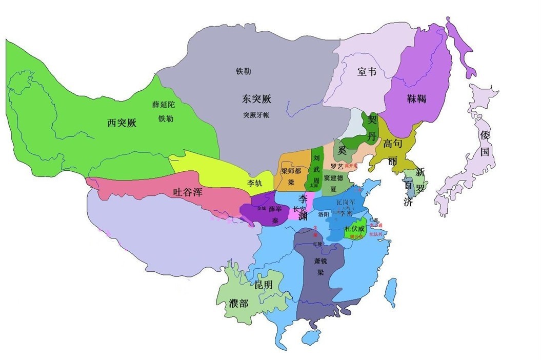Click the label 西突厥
pyautogui.click(x=122, y=123)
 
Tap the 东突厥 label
pyautogui.click(x=256, y=98)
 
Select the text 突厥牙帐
pyautogui.click(x=256, y=115)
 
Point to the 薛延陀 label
pyautogui.click(x=165, y=105)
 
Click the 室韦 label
pyautogui.click(x=367, y=72)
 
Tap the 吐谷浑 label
pyautogui.click(x=189, y=193)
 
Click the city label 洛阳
pyautogui.click(x=324, y=213)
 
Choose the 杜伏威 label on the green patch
pyautogui.click(x=355, y=228)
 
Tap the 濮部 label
pyautogui.click(x=238, y=304)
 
